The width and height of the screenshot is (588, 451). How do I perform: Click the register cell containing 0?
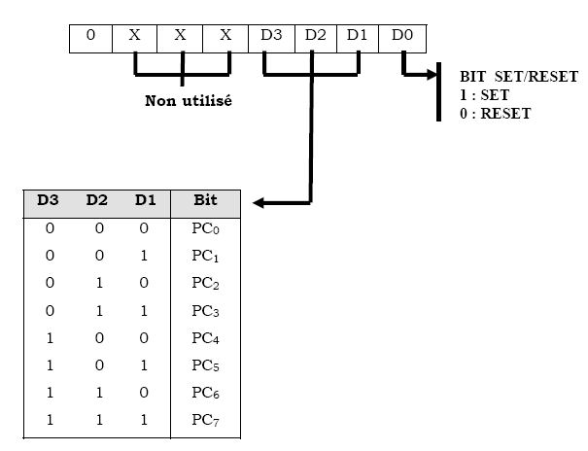(x=90, y=36)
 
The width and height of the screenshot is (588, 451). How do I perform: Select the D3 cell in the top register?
(x=271, y=36)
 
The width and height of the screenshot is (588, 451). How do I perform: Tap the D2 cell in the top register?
(x=315, y=36)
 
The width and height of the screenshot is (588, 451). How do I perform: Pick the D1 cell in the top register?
(x=358, y=36)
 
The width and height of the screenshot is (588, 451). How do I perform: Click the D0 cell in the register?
(x=402, y=36)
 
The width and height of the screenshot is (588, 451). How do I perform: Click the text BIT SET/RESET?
(x=504, y=77)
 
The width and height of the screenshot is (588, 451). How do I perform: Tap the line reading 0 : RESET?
(x=495, y=112)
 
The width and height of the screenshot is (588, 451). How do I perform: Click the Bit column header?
(x=204, y=202)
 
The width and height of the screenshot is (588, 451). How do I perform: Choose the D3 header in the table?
(x=48, y=202)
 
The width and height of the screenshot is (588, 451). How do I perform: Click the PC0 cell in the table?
(x=204, y=228)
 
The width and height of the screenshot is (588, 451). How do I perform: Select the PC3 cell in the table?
(x=204, y=311)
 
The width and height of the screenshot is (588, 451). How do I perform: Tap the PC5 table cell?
(x=204, y=366)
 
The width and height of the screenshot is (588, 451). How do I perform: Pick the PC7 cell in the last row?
(x=204, y=422)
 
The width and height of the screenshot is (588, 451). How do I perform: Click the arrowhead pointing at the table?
(x=259, y=203)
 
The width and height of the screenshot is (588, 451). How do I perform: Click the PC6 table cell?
(x=204, y=394)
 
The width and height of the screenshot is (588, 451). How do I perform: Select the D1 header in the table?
(x=146, y=202)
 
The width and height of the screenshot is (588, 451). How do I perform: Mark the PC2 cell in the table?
(x=204, y=284)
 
